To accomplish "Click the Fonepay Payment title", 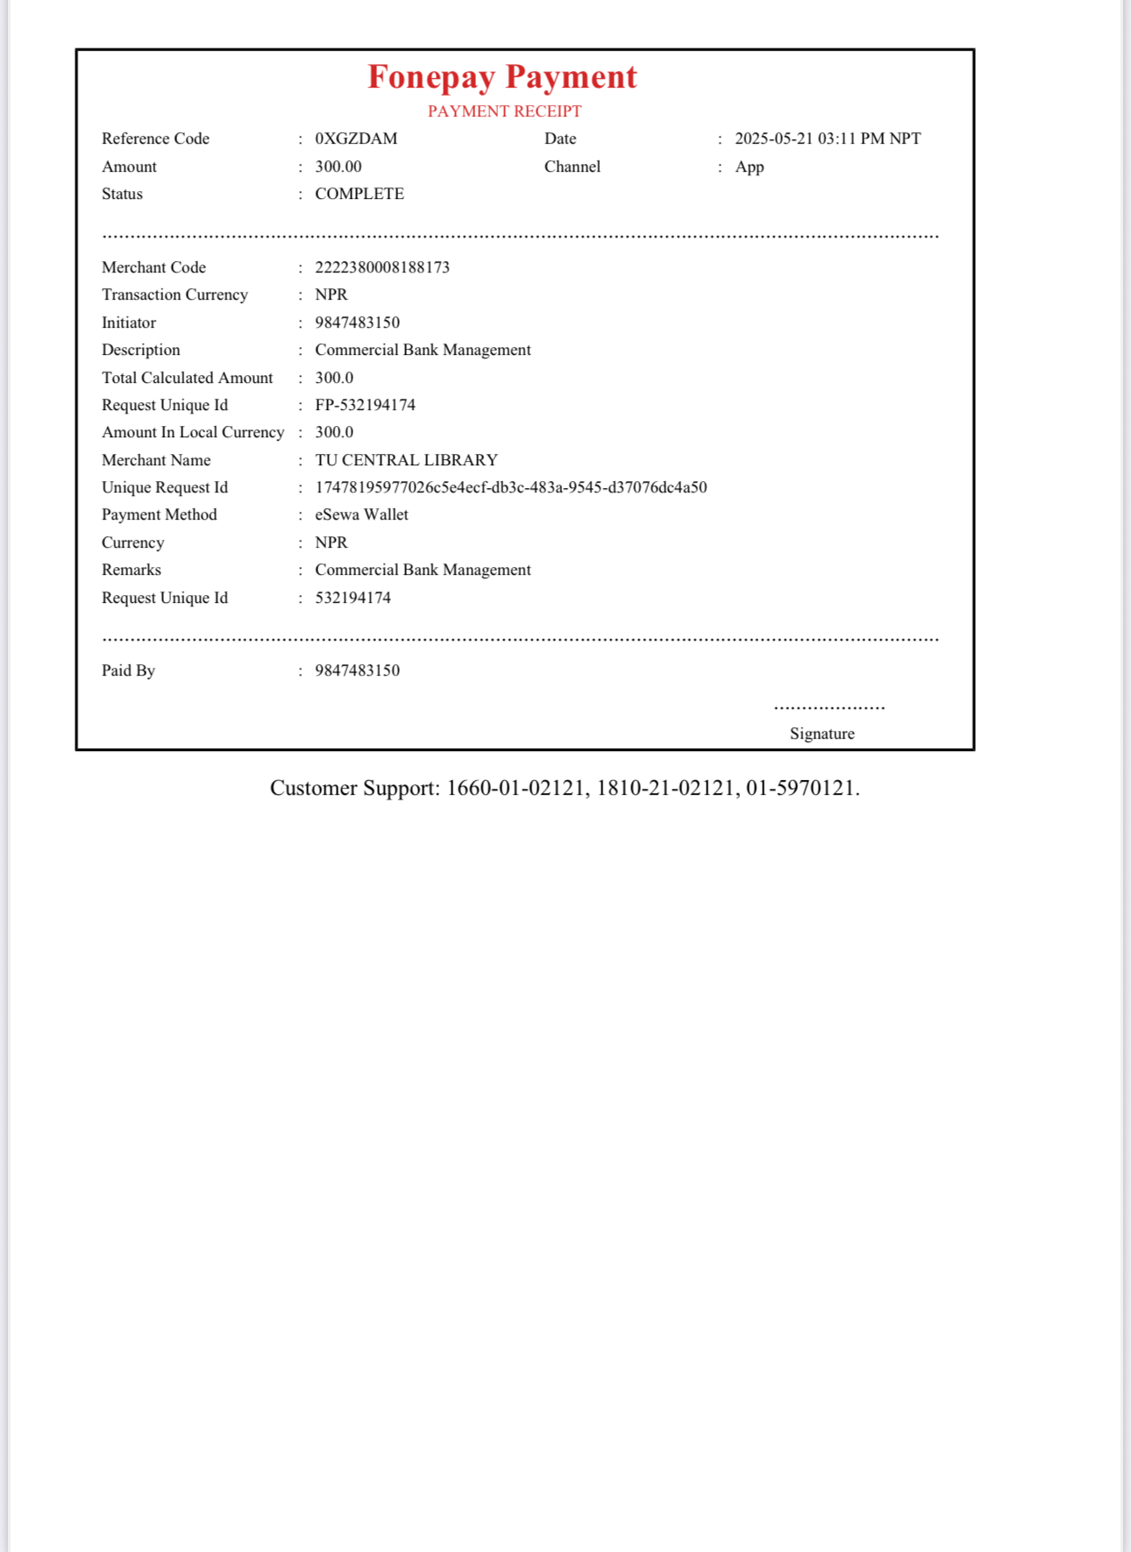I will coord(501,77).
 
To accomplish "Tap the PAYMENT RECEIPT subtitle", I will coord(504,111).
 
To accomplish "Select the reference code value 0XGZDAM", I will coord(356,138).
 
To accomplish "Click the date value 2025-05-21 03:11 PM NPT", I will coord(827,138).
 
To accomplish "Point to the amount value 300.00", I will coord(338,167).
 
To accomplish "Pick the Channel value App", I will coord(749,167).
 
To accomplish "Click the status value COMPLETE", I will coord(359,194).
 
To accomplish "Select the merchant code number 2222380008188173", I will coord(382,267).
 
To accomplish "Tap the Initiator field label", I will coord(129,322).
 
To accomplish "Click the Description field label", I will coord(141,350).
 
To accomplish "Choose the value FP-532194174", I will coord(365,405).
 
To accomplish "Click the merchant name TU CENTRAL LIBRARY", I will coord(406,460).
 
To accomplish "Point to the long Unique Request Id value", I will coord(510,487).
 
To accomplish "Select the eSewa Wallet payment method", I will coord(361,514).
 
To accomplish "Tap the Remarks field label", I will coord(132,570).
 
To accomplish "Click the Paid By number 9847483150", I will coord(357,670).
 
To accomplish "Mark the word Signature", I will coord(822,733).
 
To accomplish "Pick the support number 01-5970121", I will coord(800,788).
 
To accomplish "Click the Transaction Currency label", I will coord(174,294).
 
